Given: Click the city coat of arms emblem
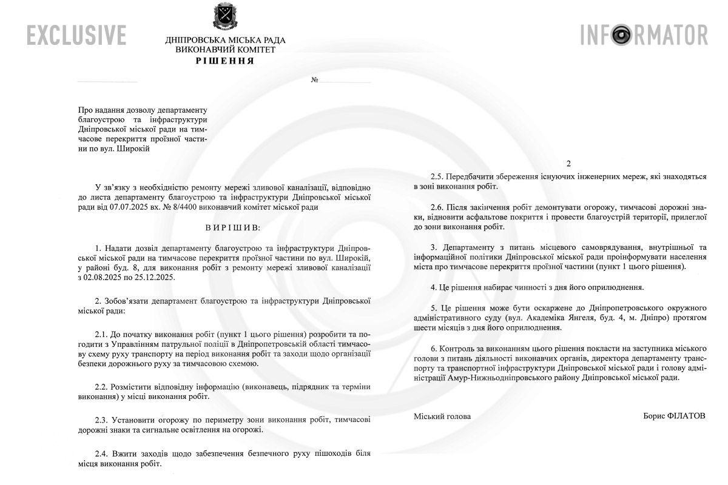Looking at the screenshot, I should pyautogui.click(x=225, y=17).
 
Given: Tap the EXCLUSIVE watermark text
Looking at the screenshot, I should pyautogui.click(x=76, y=35).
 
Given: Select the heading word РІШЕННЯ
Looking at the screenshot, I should pyautogui.click(x=225, y=61).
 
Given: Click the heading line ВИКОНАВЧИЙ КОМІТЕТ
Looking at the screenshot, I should pyautogui.click(x=225, y=50).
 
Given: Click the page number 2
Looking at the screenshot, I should pyautogui.click(x=568, y=164).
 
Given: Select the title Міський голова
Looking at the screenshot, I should pyautogui.click(x=442, y=416).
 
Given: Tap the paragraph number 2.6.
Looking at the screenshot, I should pyautogui.click(x=437, y=207).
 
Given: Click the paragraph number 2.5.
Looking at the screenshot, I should pyautogui.click(x=437, y=176).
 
